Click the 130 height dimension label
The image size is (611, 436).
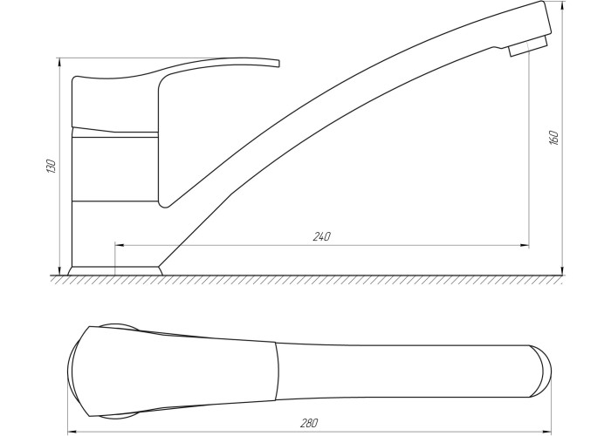51,166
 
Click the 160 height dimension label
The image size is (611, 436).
553,138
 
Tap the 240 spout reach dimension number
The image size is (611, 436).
322,236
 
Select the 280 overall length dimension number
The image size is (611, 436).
309,423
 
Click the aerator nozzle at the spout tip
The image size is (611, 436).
528,46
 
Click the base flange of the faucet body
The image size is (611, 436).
115,271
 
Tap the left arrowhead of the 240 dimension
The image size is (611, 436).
120,246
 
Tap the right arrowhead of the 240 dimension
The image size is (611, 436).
525,246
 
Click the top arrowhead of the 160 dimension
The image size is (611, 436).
562,5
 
